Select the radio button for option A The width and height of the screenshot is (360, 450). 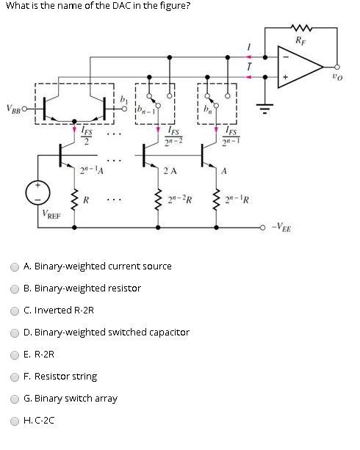(15, 266)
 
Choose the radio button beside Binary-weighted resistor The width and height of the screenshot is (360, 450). (15, 288)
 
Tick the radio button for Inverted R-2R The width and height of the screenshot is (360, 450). (15, 310)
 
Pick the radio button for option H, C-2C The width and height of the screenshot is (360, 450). (15, 421)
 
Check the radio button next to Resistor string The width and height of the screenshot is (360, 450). (15, 377)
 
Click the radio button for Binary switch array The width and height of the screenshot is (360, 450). (15, 399)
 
